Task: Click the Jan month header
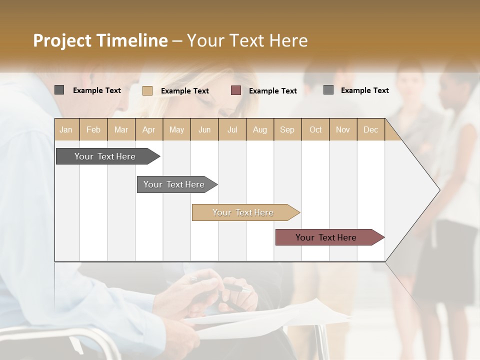(x=66, y=129)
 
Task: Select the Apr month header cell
(x=148, y=129)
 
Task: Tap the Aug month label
(x=259, y=129)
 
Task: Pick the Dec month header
(x=370, y=129)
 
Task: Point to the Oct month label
(x=315, y=129)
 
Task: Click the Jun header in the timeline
(x=204, y=129)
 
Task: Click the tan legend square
(x=147, y=90)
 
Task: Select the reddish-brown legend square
(x=236, y=90)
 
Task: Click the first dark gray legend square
(x=59, y=90)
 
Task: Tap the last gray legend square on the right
(x=328, y=90)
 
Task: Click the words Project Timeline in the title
(x=100, y=40)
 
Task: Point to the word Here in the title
(x=288, y=40)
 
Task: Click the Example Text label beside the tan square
(x=185, y=91)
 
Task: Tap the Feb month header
(x=93, y=129)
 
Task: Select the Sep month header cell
(x=287, y=129)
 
